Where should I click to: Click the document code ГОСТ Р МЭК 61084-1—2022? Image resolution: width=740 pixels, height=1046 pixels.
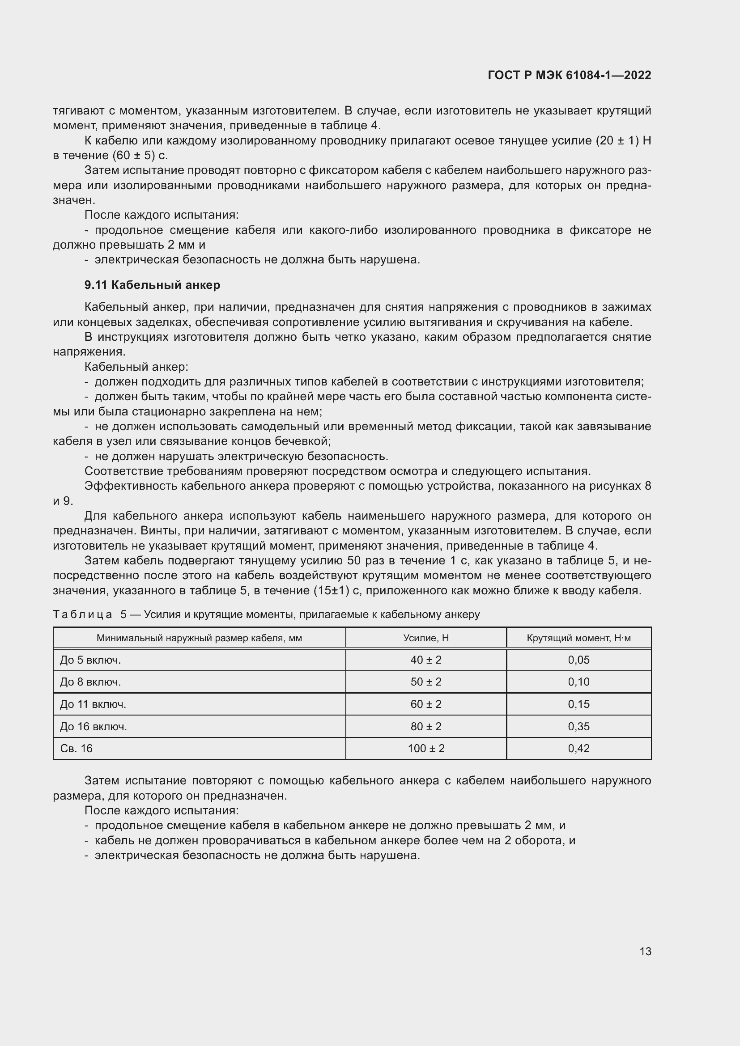[x=569, y=76]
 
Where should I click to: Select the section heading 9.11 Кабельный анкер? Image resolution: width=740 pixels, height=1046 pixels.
[x=152, y=285]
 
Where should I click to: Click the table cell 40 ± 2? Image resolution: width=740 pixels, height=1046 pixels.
[x=425, y=660]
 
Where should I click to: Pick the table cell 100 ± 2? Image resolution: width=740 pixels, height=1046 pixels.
[x=425, y=748]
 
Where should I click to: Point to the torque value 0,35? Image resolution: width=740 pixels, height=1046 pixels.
[x=578, y=726]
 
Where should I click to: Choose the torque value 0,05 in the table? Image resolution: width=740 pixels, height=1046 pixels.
[x=578, y=660]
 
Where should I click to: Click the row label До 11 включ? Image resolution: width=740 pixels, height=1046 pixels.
[x=93, y=704]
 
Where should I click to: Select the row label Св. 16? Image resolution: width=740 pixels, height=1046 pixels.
[x=76, y=748]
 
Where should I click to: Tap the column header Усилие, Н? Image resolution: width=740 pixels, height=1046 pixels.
[x=425, y=638]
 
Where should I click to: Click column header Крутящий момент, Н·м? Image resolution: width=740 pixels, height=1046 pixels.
[x=578, y=638]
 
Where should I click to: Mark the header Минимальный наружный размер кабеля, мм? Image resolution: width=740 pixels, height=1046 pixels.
[x=199, y=638]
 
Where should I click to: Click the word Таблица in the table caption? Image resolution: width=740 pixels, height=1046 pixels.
[x=82, y=614]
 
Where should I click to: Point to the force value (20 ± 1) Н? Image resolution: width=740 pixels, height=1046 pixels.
[x=623, y=141]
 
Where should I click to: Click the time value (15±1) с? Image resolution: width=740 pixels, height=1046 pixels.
[x=337, y=591]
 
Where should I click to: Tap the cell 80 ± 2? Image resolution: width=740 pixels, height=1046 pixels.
[x=425, y=726]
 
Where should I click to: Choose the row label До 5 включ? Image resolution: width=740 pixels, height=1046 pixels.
[x=90, y=660]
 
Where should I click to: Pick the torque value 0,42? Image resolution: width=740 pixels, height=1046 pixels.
[x=578, y=748]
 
